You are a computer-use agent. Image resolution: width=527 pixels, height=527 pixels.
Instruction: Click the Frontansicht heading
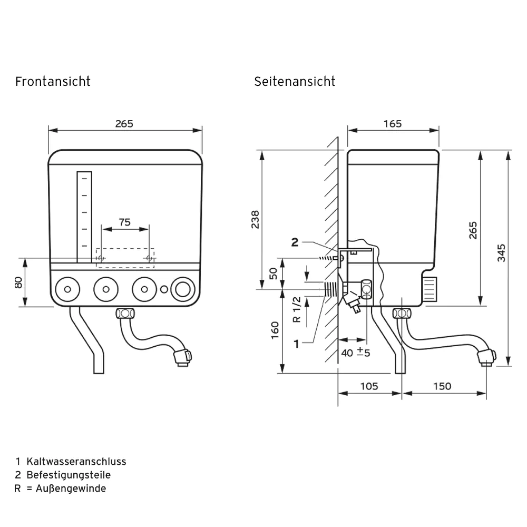[x=53, y=82]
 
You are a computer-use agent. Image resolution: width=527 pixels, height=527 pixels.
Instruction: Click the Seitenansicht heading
[x=295, y=82]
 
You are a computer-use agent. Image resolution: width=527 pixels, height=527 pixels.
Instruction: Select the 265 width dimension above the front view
[x=124, y=124]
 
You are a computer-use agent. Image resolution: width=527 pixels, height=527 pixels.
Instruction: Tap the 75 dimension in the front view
[x=124, y=222]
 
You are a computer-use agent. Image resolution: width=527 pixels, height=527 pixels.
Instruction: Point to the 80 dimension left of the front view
[x=18, y=282]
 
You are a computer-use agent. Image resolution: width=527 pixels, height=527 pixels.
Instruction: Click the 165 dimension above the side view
[x=392, y=124]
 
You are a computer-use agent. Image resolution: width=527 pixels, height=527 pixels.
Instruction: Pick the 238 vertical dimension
[x=255, y=219]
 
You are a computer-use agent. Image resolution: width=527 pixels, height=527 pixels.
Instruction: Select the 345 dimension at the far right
[x=501, y=252]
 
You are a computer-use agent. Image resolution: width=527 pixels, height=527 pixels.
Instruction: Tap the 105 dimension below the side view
[x=368, y=386]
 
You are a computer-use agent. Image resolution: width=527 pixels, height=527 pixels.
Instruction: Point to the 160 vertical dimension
[x=275, y=330]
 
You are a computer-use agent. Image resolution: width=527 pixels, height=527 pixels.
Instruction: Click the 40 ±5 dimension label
[x=356, y=353]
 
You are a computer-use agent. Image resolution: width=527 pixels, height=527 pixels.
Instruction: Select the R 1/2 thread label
[x=297, y=309]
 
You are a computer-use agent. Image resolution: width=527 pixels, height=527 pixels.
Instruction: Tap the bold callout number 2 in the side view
[x=295, y=242]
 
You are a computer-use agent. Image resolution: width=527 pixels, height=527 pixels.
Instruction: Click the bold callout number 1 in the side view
[x=297, y=344]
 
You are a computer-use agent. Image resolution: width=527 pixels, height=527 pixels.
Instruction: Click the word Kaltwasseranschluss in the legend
[x=76, y=462]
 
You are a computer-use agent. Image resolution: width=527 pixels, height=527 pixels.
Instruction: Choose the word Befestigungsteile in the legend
[x=69, y=475]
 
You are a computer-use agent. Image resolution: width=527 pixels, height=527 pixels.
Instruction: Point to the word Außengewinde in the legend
[x=71, y=489]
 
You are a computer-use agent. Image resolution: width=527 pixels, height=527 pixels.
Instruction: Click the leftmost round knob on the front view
[x=67, y=289]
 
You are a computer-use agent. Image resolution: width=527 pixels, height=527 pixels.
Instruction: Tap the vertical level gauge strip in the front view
[x=84, y=216]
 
